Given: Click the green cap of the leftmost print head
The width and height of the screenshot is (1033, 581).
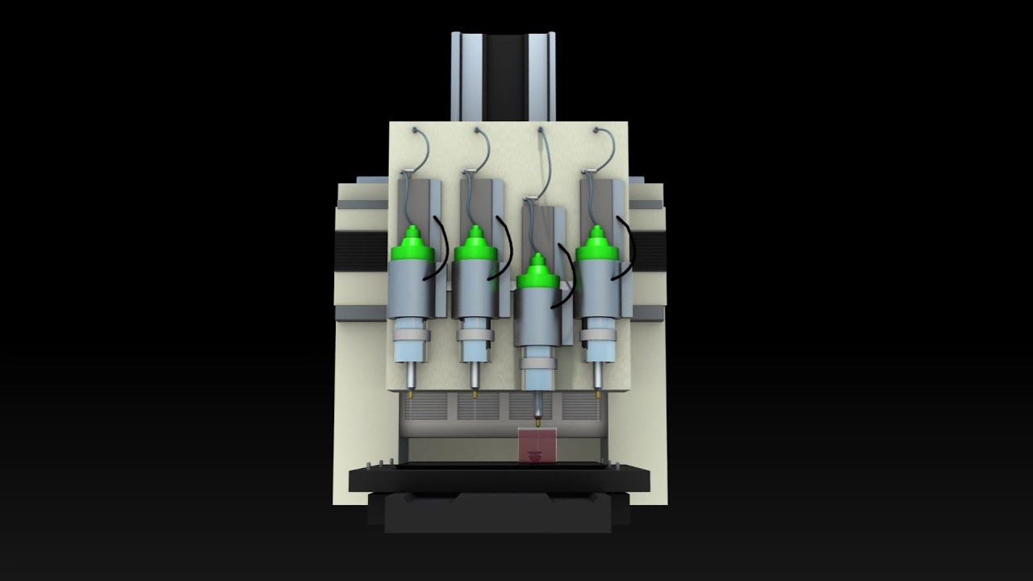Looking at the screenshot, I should tap(412, 246).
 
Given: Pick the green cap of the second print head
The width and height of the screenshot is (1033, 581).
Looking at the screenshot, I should tap(475, 246).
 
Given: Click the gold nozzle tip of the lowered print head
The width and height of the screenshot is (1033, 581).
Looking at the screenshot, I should tap(537, 420).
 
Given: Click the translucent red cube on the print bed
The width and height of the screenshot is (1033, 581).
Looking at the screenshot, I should tap(537, 446).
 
